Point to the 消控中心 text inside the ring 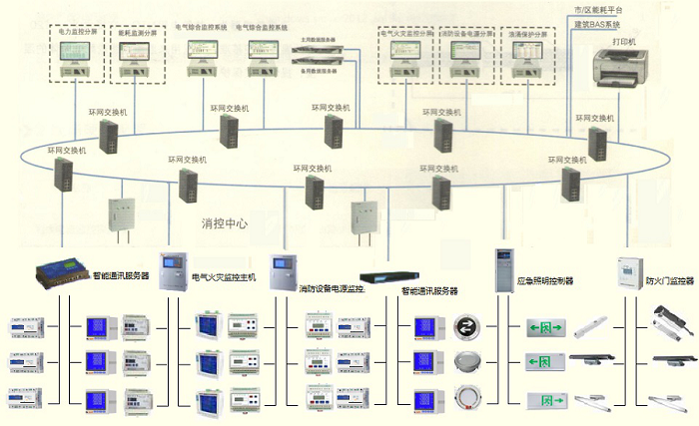coord(224,223)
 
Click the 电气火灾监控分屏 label coord(407,33)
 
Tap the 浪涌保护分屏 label coord(526,33)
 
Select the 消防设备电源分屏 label coord(466,33)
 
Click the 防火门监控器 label coord(669,281)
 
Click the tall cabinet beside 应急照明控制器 coord(503,267)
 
